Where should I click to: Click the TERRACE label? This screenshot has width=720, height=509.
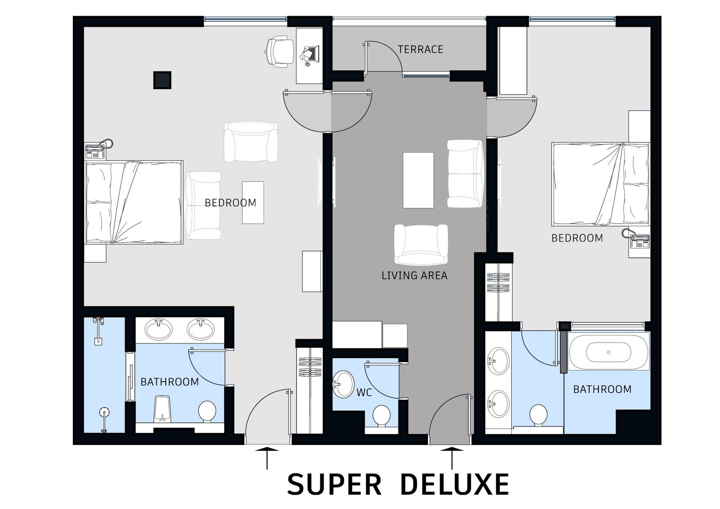click(420, 49)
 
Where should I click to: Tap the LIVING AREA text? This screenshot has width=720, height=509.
click(414, 275)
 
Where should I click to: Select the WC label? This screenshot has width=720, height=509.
click(364, 392)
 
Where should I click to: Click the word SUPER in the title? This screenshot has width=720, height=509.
click(334, 484)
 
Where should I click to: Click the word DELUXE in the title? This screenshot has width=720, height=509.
click(455, 484)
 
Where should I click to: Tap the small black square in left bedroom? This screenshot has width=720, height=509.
click(162, 80)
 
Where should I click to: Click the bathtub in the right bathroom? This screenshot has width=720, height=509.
click(608, 352)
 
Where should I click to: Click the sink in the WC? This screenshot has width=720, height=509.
click(343, 385)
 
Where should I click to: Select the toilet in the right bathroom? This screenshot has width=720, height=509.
click(538, 415)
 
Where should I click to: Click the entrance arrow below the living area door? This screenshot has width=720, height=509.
click(452, 458)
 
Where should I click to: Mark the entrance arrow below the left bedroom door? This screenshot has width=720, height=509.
click(267, 458)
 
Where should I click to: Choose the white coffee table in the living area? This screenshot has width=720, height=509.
click(418, 180)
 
